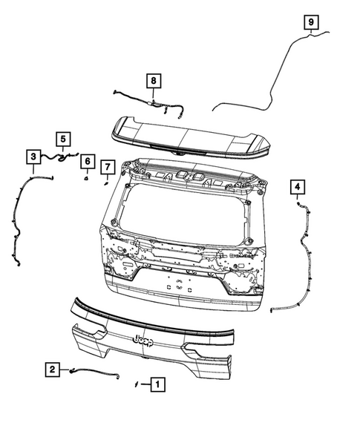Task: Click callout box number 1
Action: coord(157,384)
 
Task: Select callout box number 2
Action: coord(52,369)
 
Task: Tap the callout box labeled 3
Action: coord(33,157)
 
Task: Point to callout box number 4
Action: coord(297,186)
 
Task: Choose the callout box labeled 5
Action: coord(63,139)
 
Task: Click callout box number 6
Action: coord(87,161)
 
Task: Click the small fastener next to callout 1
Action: coord(137,385)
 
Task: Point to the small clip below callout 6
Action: coord(86,177)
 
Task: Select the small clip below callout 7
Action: coord(106,182)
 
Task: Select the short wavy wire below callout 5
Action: coord(59,157)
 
